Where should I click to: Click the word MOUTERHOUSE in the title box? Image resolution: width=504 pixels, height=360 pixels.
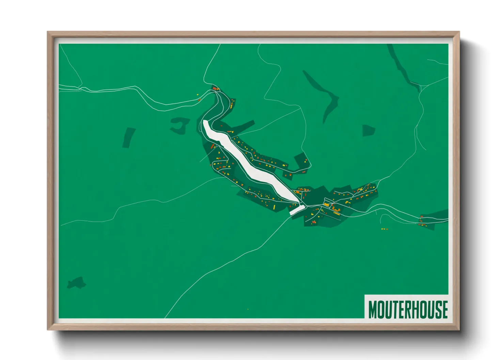point(408,309)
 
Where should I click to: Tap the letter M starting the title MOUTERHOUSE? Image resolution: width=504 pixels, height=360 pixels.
point(373,309)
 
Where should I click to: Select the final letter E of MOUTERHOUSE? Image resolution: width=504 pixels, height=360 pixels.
point(444,309)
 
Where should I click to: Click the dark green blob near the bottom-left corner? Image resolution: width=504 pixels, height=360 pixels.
point(76,283)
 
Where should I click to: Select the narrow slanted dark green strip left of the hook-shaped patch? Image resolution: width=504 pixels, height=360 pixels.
point(129,137)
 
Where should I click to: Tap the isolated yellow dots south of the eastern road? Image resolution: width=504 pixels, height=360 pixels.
point(384,229)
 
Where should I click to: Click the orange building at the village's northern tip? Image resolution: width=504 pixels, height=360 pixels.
point(215,88)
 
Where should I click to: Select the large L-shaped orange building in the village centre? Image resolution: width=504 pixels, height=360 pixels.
point(336,209)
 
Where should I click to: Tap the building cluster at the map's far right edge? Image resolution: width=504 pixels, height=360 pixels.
point(422,223)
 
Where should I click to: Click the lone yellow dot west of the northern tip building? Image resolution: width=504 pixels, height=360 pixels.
point(198,95)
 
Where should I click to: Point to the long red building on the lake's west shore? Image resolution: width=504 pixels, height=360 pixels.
point(213,146)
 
